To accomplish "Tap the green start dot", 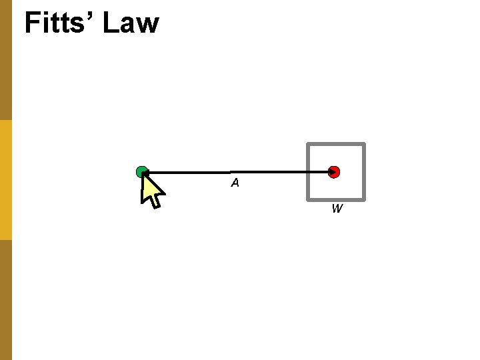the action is [x=141, y=172].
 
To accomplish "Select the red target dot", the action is [x=334, y=172].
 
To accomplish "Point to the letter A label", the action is [x=235, y=183].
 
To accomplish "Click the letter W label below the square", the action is [x=337, y=209].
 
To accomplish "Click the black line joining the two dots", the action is [x=267, y=172].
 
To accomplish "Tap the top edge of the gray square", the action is [x=335, y=144].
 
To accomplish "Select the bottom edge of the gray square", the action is [x=335, y=199].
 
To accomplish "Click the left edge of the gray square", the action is [x=307, y=172].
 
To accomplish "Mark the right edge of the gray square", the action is [x=364, y=172].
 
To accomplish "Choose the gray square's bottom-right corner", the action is [x=363, y=199].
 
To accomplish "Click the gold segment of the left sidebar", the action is [x=6, y=180].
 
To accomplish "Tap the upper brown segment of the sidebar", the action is [x=6, y=60].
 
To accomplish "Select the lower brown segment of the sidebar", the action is [x=6, y=300].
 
